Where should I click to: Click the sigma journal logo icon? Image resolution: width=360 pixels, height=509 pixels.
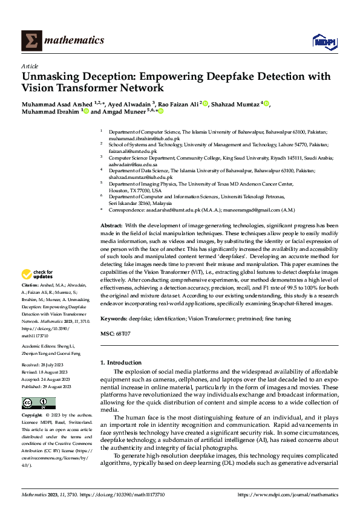pos(30,40)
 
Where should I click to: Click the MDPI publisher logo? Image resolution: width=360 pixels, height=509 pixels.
pos(324,40)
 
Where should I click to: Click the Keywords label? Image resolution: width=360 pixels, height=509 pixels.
pos(115,317)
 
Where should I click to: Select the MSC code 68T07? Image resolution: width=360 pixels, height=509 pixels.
pos(124,333)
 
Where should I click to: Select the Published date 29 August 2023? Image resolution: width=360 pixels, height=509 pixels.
pos(47,386)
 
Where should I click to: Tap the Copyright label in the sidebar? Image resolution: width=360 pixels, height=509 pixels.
pos(32,415)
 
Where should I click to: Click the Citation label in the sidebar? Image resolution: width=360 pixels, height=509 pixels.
pos(30,284)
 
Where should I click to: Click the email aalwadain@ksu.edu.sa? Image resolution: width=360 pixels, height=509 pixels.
pos(134,164)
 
